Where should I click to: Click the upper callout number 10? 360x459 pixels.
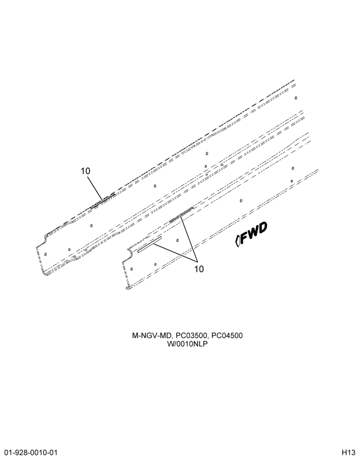pos(85,171)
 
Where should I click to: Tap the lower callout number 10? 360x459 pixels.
pos(199,269)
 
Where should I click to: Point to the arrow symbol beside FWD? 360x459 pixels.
pos(238,241)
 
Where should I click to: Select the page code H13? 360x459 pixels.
pos(350,452)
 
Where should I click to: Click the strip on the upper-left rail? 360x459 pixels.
pos(102,201)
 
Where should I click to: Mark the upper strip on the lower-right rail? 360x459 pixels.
pos(181,214)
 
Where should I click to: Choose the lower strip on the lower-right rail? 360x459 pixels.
pos(149,245)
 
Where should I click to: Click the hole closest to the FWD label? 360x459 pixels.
pos(241,201)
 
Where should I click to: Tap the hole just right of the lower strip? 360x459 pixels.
pos(177,241)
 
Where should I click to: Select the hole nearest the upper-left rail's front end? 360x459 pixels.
pos(45,254)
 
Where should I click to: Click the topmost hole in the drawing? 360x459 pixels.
pos(296,97)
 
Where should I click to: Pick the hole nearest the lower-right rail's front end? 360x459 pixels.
pos(131,269)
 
